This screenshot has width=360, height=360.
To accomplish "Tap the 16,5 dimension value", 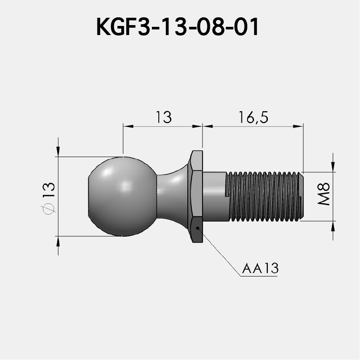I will [253, 117].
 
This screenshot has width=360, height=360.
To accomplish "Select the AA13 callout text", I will [260, 269].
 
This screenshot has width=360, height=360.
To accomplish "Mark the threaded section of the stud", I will [264, 196].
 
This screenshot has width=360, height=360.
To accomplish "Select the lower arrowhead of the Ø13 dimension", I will [58, 241].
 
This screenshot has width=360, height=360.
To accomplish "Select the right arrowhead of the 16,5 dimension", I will [299, 126].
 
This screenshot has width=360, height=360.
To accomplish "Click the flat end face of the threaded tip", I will [304, 196].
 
